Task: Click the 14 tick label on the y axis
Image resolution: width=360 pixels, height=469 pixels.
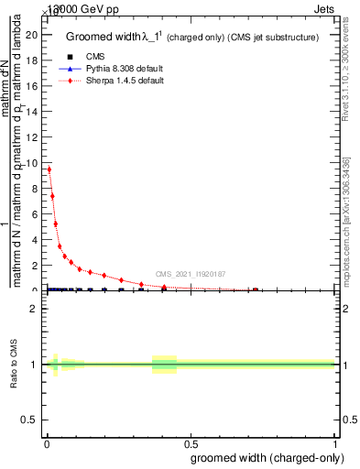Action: [x=31, y=112]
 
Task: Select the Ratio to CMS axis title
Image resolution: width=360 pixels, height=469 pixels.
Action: [x=15, y=364]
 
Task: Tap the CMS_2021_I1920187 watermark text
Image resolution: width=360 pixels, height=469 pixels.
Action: [x=190, y=274]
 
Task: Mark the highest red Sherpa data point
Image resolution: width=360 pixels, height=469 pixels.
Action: [x=49, y=169]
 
